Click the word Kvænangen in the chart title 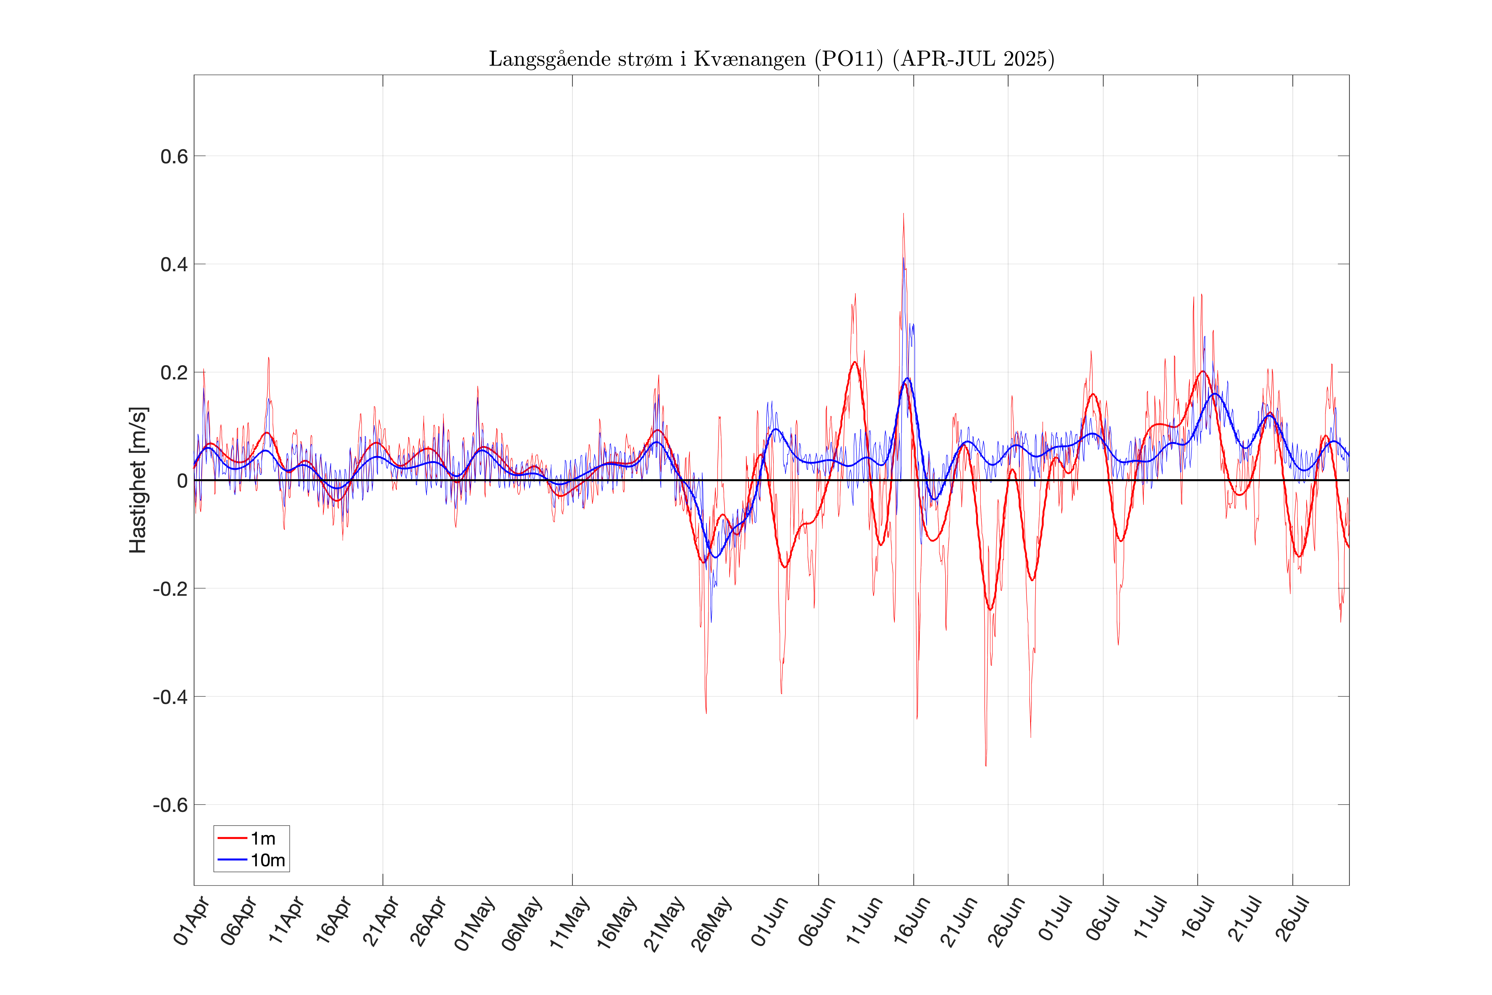coord(749,59)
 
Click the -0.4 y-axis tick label coord(170,697)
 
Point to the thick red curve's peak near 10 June coord(854,362)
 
